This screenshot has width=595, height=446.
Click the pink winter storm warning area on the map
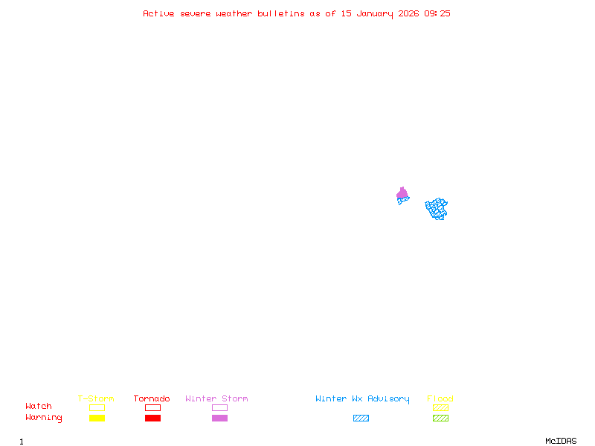(402, 194)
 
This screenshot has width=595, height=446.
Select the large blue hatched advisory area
(437, 208)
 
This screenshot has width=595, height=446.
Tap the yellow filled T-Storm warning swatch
(97, 418)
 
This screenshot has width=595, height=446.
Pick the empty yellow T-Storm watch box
(97, 407)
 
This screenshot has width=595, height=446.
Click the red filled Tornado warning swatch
(152, 418)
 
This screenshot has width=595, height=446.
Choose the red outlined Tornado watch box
(152, 407)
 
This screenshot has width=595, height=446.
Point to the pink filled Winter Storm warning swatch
(219, 418)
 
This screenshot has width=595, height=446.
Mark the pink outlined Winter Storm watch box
(219, 407)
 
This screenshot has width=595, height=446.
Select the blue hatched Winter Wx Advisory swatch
(361, 418)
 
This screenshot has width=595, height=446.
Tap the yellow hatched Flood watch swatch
(440, 407)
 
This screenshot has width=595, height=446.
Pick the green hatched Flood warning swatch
(440, 418)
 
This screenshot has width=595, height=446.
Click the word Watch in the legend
(39, 407)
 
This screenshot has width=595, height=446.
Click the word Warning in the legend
(43, 418)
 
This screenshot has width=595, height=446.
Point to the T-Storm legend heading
(96, 399)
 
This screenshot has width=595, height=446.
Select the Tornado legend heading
(152, 399)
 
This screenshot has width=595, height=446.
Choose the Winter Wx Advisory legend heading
(362, 399)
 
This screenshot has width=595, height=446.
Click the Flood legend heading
(440, 399)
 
